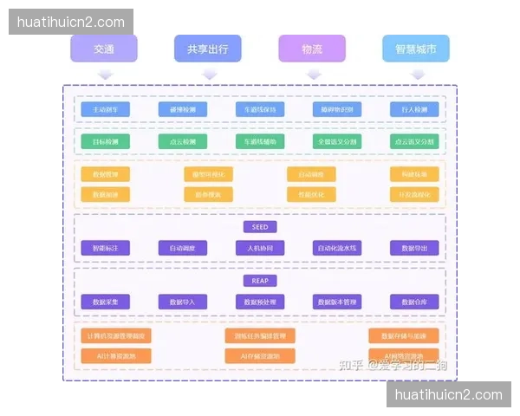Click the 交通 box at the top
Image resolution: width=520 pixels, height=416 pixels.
pos(104,49)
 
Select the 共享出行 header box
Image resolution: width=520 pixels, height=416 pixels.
pos(208,49)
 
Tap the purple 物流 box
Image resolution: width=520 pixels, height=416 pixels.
pos(312,49)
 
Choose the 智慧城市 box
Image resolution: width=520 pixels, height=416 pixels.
pos(416,49)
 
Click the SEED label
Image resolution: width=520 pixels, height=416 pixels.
pos(260,227)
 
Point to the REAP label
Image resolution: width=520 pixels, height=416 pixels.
pos(260,281)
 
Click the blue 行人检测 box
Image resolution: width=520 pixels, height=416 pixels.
pos(414,110)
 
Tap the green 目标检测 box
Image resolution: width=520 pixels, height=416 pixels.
pos(106,140)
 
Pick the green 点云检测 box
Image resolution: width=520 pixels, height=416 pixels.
pos(183,140)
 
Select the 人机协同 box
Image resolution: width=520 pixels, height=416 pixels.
pos(260,248)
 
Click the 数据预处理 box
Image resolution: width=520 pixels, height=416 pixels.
pos(260,302)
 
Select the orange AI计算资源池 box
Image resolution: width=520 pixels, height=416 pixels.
pos(116,355)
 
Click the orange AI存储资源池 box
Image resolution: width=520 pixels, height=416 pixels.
pos(260,355)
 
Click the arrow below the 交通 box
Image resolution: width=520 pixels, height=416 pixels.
pos(104,75)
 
